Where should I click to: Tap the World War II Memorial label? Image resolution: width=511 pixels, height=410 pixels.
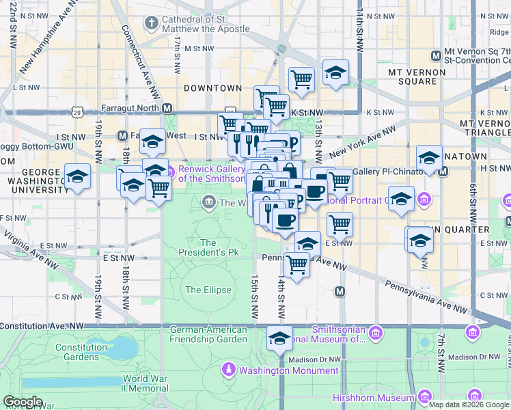click(145, 383)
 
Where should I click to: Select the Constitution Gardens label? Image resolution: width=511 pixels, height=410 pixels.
click(81, 352)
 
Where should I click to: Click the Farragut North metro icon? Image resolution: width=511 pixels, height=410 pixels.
click(166, 107)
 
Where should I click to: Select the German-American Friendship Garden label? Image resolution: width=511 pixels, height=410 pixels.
click(208, 333)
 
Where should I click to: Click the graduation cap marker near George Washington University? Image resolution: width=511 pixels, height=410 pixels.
click(78, 176)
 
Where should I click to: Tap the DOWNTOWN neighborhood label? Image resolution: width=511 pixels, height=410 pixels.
click(212, 88)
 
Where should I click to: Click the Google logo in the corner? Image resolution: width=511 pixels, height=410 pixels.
click(23, 402)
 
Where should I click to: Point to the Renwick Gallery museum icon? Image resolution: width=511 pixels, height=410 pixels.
click(170, 169)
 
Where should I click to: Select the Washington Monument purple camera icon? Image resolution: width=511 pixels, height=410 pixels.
click(229, 370)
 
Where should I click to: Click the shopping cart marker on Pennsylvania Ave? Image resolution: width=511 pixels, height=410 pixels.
click(296, 264)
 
